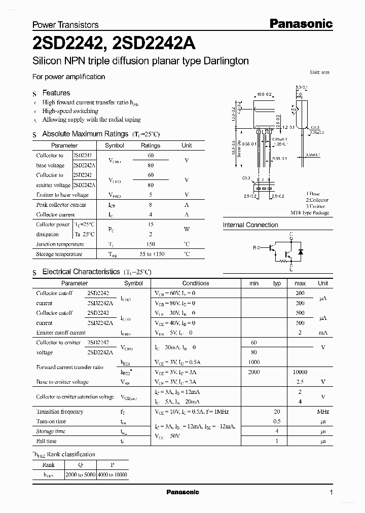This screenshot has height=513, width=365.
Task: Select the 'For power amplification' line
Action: pyautogui.click(x=68, y=77)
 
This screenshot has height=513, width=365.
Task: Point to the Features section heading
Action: pyautogui.click(x=56, y=93)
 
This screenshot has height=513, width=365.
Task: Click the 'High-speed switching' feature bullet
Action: pyautogui.click(x=70, y=111)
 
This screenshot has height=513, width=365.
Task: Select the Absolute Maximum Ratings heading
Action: pyautogui.click(x=85, y=134)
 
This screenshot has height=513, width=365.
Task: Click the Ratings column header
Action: pyautogui.click(x=150, y=145)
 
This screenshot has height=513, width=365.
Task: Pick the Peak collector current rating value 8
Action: pyautogui.click(x=150, y=205)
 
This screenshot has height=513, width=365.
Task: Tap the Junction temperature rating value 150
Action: pyautogui.click(x=150, y=244)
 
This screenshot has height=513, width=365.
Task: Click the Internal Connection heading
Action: pyautogui.click(x=250, y=225)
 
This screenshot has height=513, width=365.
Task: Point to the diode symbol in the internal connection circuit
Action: pyautogui.click(x=300, y=251)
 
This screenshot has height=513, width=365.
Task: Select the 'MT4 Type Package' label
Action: pyautogui.click(x=310, y=213)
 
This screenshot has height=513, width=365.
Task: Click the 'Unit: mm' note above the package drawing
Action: pyautogui.click(x=319, y=72)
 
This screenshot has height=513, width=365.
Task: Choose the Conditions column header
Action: pyautogui.click(x=196, y=283)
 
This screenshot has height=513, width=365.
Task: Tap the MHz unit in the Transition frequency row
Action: pyautogui.click(x=323, y=412)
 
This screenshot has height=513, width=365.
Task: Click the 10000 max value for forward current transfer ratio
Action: pyautogui.click(x=300, y=372)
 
